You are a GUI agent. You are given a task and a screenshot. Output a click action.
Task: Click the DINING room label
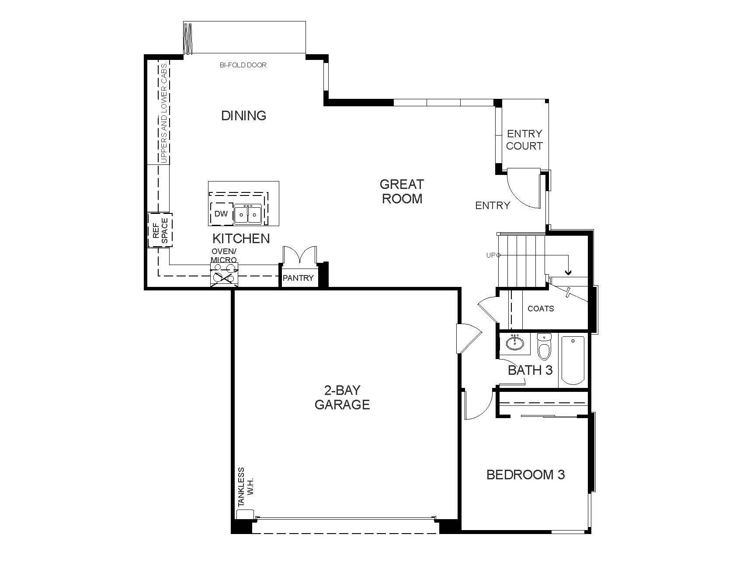click(x=243, y=115)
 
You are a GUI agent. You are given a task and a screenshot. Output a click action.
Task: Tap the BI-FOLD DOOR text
click(x=243, y=65)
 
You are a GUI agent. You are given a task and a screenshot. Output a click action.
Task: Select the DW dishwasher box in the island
click(x=221, y=214)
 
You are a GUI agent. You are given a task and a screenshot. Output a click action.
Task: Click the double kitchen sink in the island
click(x=247, y=214)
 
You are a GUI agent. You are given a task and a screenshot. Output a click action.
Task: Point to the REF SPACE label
click(x=160, y=230)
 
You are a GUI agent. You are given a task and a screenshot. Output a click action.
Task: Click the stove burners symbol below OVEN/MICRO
click(x=224, y=276)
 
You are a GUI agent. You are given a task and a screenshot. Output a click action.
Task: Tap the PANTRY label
click(x=298, y=278)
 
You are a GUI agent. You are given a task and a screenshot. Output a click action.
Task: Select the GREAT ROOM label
click(x=402, y=191)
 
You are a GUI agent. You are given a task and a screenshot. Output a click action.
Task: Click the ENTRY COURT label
click(x=524, y=140)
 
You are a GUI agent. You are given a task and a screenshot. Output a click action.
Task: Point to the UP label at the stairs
click(x=491, y=255)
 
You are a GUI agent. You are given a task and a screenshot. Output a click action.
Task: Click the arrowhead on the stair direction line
click(x=568, y=272)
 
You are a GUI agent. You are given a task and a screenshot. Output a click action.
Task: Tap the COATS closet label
click(x=541, y=309)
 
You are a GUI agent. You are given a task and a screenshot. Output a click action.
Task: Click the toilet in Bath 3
click(x=544, y=346)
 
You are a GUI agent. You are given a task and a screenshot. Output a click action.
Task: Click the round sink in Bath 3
click(x=516, y=342)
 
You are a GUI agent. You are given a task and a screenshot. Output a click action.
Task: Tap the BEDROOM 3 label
click(x=525, y=475)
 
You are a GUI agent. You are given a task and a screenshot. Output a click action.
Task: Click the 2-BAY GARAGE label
click(x=342, y=397)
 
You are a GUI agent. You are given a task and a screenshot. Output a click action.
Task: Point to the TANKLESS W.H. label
click(x=246, y=487)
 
